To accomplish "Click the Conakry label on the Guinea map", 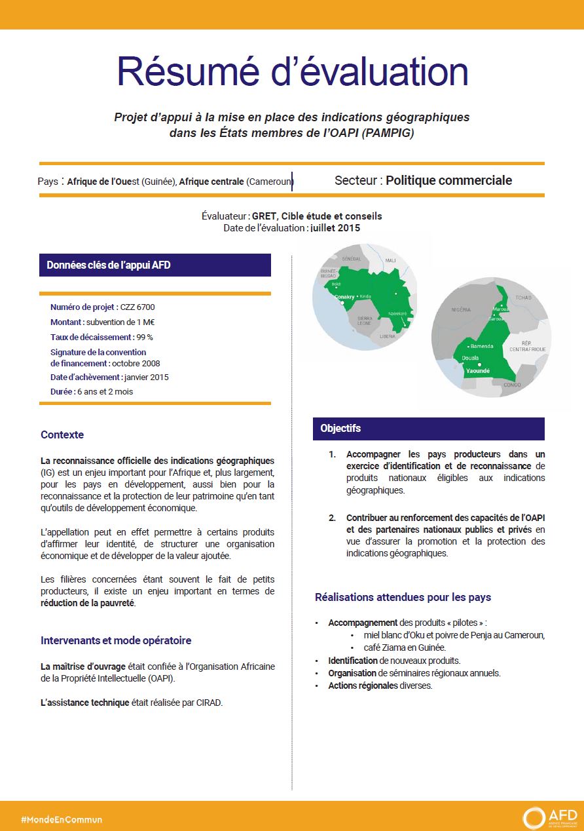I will [344, 297].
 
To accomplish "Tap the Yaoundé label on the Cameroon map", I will [478, 371].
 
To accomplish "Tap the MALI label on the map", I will [391, 260].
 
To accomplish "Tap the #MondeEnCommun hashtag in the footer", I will [62, 819].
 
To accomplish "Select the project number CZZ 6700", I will [137, 307].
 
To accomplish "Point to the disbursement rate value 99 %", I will [144, 337].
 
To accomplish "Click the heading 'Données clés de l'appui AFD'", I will [109, 265].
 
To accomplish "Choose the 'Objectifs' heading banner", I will [340, 428].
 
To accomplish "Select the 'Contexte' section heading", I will [62, 435].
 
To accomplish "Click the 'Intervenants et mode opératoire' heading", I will [116, 640].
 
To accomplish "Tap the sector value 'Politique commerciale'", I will [448, 180].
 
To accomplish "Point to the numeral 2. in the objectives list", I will [333, 518].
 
